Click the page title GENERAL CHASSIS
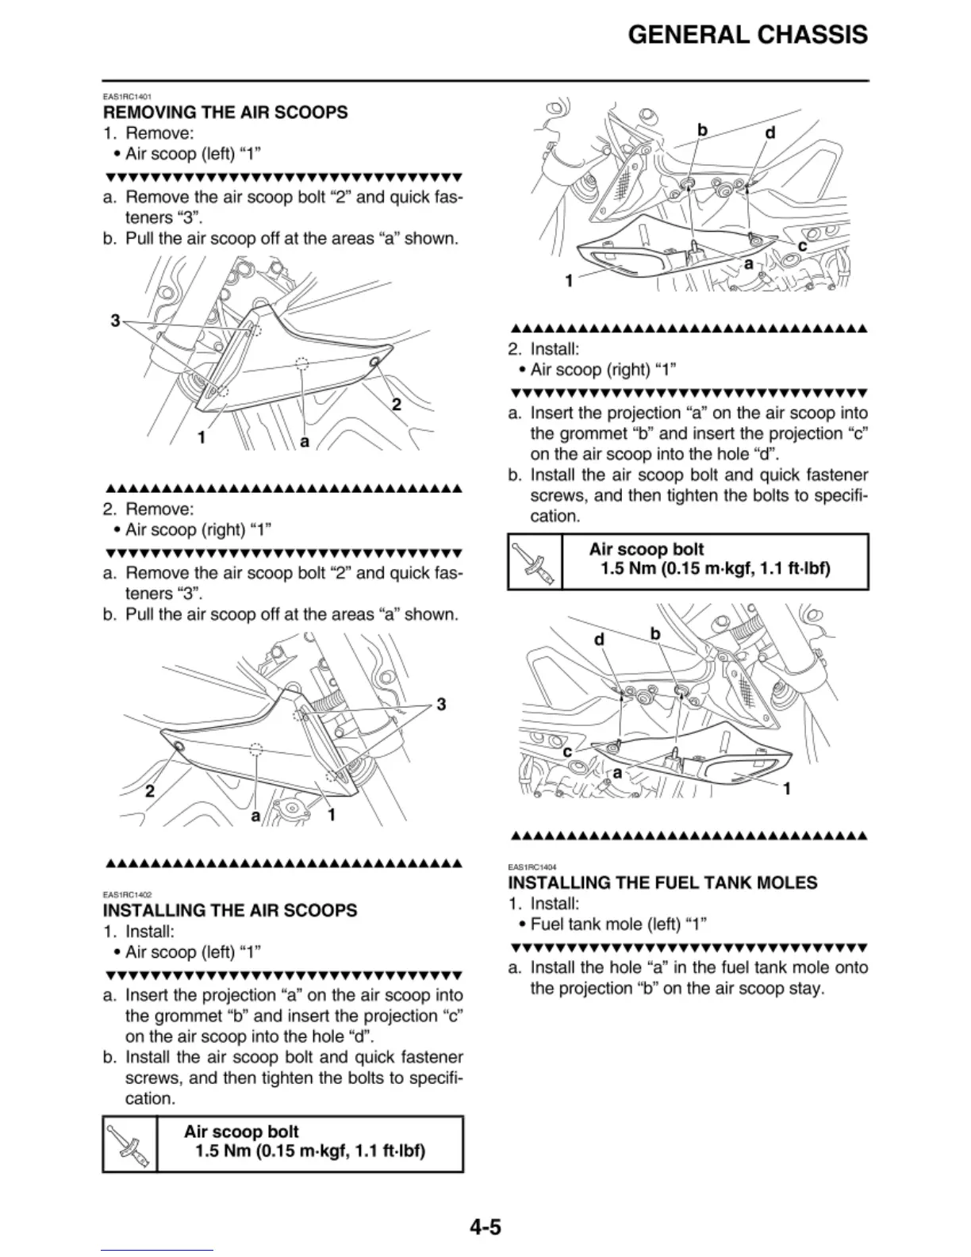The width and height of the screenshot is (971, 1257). click(747, 35)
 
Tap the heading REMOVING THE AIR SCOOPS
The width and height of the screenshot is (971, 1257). click(225, 113)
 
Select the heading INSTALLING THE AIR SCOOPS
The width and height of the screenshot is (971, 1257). click(230, 910)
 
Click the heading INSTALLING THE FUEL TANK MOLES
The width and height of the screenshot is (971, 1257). click(662, 882)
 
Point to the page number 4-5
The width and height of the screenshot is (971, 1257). click(485, 1228)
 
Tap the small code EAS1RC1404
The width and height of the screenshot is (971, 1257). click(532, 867)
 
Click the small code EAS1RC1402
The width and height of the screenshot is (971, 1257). click(127, 895)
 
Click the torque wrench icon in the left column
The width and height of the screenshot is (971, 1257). click(130, 1144)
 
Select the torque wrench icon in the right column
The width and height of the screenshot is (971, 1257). click(534, 561)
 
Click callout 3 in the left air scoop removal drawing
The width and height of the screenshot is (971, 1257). click(115, 321)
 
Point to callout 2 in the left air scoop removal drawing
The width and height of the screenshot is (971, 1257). click(397, 405)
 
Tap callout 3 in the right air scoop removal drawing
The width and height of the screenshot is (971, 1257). click(441, 705)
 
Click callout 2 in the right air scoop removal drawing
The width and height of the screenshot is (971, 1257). click(149, 791)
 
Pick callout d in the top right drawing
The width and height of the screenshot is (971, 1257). click(770, 133)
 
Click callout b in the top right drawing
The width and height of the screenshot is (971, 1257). click(701, 129)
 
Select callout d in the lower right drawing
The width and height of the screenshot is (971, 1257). click(600, 640)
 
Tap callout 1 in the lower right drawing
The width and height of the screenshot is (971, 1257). click(787, 789)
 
